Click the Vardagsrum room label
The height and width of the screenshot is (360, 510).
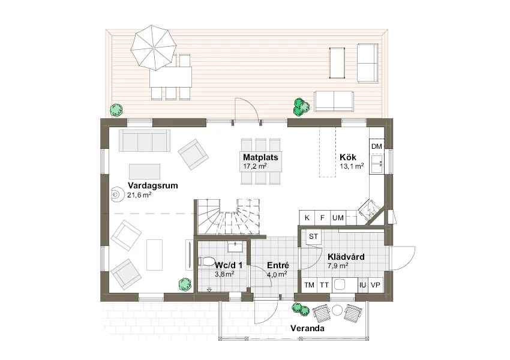[152, 185]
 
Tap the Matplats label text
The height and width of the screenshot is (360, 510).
[260, 157]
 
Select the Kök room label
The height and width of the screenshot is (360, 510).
[347, 157]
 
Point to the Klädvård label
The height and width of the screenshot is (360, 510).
[346, 257]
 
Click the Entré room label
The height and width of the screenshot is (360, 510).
[278, 265]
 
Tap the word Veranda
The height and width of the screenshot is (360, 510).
[307, 328]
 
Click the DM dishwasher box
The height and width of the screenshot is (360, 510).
[377, 146]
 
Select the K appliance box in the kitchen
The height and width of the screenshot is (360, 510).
[307, 218]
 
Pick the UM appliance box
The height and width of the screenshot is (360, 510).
[338, 218]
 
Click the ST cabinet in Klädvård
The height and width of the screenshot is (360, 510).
[314, 236]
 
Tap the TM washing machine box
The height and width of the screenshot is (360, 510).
[309, 285]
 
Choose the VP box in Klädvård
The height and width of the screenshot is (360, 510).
[376, 285]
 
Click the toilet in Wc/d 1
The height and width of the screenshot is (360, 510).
[206, 262]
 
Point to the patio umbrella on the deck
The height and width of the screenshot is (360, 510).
[154, 47]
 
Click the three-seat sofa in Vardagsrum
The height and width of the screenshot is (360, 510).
[145, 140]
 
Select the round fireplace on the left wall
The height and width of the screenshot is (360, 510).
[116, 194]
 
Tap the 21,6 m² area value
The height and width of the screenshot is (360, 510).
[139, 195]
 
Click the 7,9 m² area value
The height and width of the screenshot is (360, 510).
[338, 266]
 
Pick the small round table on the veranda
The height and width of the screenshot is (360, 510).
[337, 310]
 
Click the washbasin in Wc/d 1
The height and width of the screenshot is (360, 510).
[235, 247]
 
